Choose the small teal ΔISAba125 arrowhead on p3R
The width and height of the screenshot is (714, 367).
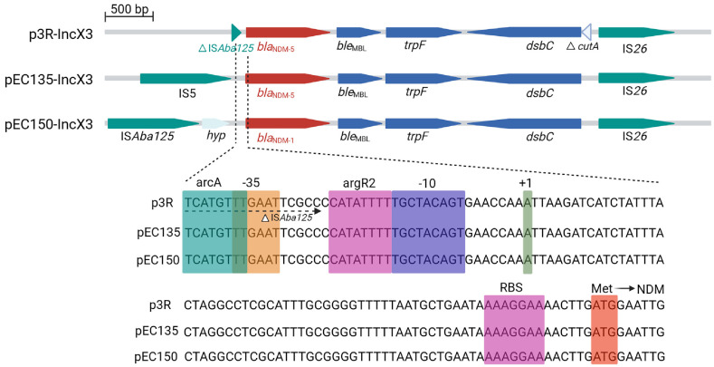236,31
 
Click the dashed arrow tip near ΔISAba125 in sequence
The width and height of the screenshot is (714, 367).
318,210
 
